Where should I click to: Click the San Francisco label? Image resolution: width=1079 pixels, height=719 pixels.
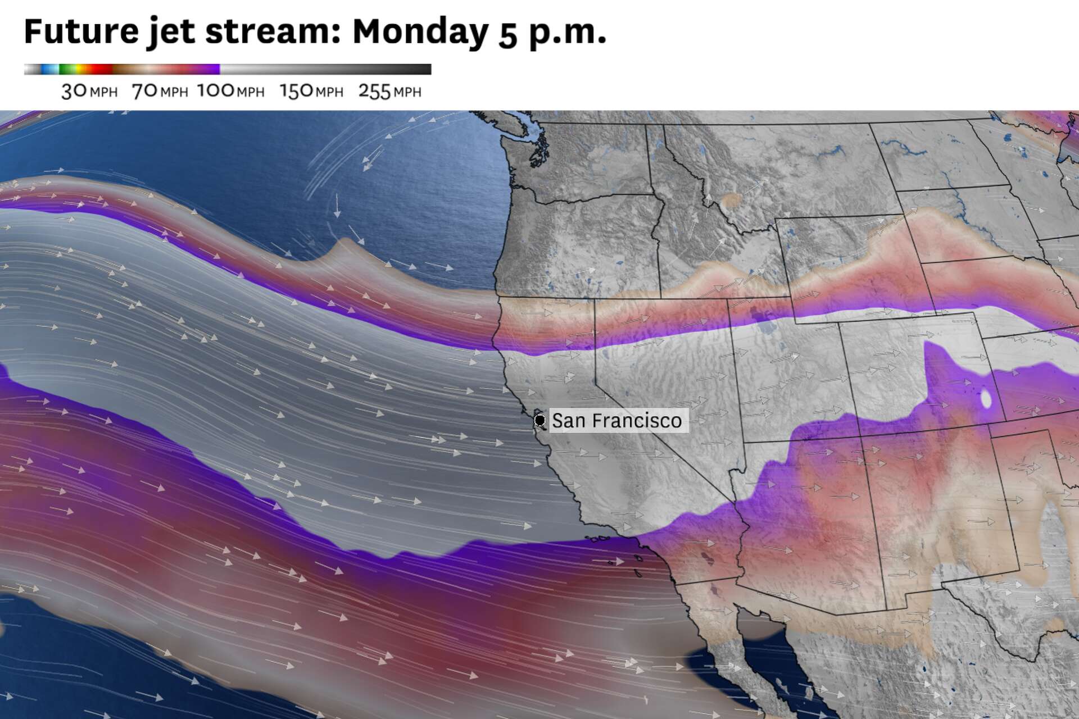tap(617, 420)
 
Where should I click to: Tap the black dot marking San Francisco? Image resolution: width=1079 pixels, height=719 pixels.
tap(539, 420)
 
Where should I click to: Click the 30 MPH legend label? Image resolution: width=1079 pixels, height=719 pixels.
tap(89, 91)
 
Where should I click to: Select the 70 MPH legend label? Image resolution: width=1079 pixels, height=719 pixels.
tap(160, 91)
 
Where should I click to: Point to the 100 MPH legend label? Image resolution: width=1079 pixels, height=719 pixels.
tap(230, 91)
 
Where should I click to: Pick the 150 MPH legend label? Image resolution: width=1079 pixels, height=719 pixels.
tap(311, 91)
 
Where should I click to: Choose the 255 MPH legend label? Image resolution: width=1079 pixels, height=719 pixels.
tap(389, 91)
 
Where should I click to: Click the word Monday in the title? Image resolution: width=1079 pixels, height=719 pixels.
tap(420, 32)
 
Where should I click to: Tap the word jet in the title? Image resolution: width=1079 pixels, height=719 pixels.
tap(171, 32)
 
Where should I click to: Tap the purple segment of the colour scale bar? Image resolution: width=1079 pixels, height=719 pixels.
tap(208, 69)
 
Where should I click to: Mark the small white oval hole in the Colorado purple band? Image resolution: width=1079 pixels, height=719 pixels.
tap(986, 398)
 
